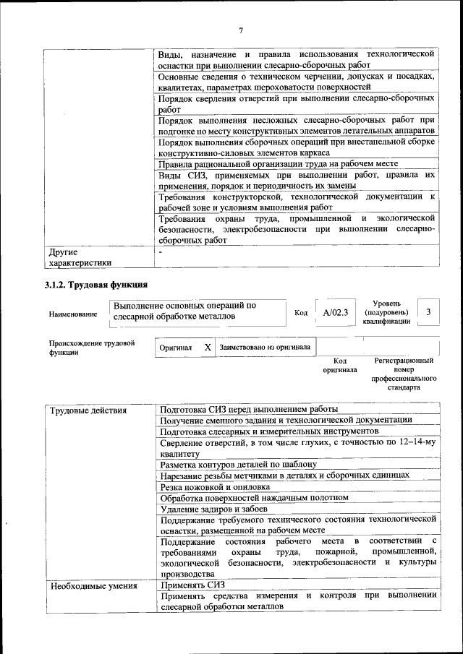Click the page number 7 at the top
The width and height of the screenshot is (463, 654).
pos(240,30)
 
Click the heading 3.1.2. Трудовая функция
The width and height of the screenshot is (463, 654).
pos(97,285)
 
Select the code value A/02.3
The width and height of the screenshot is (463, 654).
pos(336,312)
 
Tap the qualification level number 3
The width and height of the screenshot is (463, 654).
pos(430,312)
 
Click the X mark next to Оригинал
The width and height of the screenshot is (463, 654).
pos(208,348)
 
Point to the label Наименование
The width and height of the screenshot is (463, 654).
pos(72,314)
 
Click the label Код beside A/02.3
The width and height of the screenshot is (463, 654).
pos(302,313)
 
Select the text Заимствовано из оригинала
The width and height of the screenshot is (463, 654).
pos(265,348)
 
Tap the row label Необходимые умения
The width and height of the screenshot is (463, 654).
pos(93,586)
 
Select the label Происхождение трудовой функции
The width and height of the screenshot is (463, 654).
pos(91,348)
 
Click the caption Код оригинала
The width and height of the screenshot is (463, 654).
pos(339,365)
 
